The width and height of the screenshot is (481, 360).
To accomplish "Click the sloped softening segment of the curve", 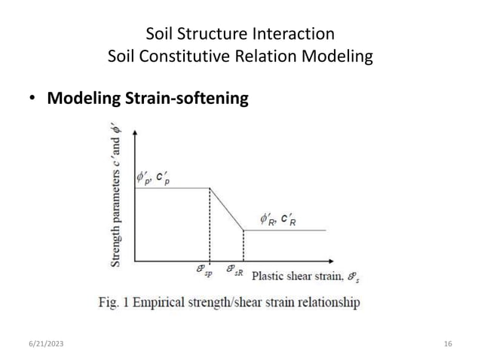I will click(226, 209).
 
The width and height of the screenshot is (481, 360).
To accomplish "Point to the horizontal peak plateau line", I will click(172, 188).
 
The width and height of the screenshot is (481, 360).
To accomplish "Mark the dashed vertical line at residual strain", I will click(243, 246).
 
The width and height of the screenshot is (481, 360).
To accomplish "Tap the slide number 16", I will click(448, 344).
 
